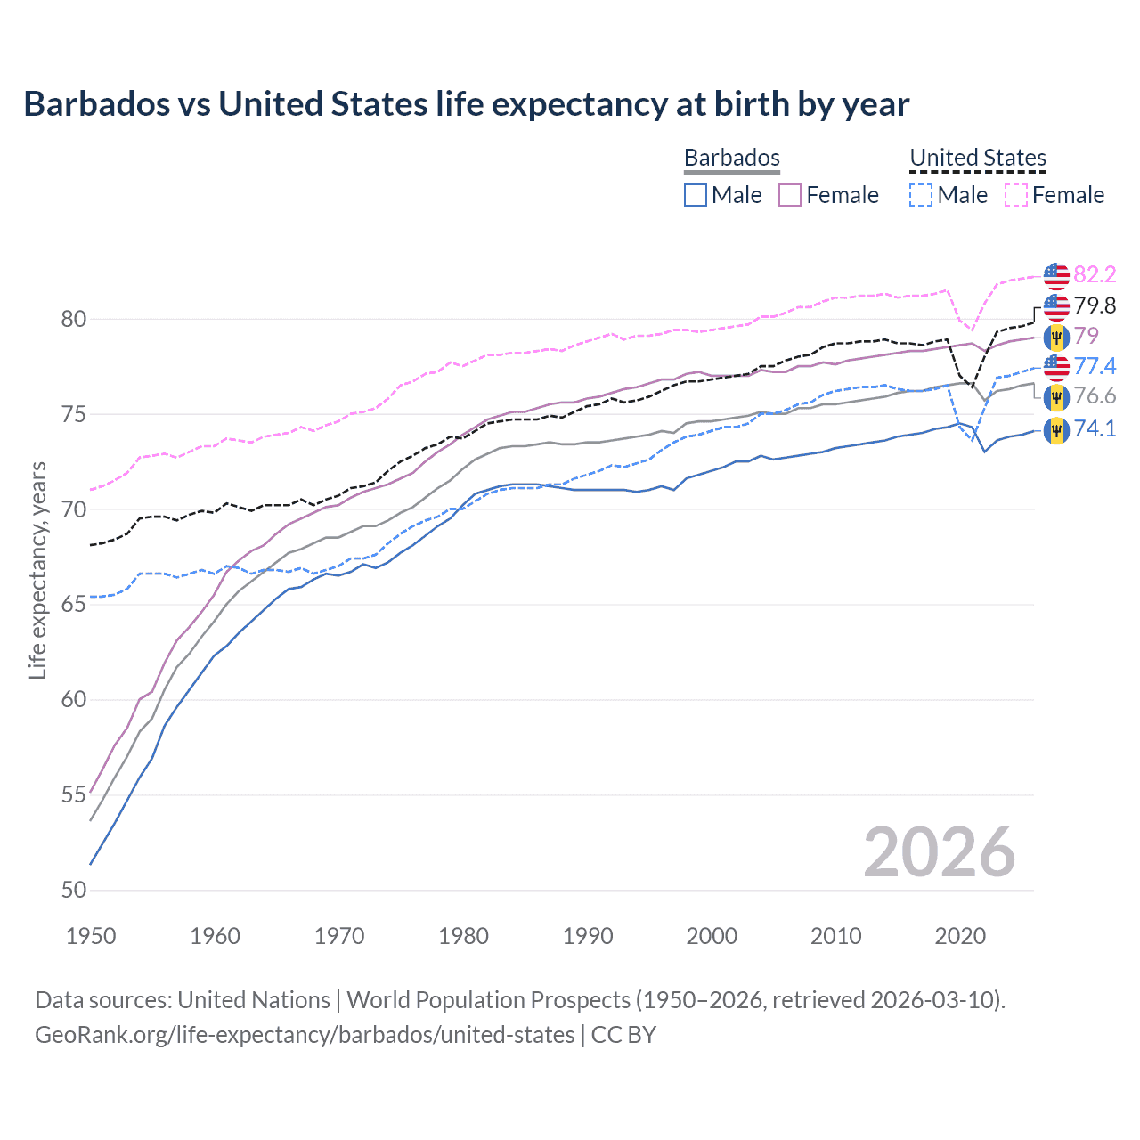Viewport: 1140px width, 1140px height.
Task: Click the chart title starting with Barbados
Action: point(466,104)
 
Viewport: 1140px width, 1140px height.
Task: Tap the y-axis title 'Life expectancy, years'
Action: point(37,570)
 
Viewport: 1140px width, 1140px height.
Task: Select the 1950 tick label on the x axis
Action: point(91,936)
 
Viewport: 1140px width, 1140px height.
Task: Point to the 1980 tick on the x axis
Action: point(463,936)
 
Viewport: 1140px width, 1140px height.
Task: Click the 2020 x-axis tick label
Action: point(960,936)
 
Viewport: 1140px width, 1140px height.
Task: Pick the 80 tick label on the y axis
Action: point(73,319)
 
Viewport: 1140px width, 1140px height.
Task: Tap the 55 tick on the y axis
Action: point(73,794)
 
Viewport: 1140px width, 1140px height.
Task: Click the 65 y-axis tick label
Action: point(73,604)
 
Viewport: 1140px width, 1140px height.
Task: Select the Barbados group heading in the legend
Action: point(731,158)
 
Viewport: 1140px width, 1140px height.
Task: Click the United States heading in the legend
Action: point(977,158)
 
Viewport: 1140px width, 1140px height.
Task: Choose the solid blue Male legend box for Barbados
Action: point(696,195)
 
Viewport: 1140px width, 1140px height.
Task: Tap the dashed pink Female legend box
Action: point(1016,195)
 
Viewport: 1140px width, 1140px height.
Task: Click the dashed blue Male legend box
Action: point(921,195)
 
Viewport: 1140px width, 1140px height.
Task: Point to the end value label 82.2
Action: point(1095,274)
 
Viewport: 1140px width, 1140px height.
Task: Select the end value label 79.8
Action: point(1095,305)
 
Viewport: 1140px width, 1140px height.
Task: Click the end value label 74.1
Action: point(1095,428)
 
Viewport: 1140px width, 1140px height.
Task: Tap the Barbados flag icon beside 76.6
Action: point(1056,396)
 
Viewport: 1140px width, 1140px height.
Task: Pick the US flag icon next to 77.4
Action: point(1056,366)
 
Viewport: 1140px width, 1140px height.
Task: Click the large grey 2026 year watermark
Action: point(939,852)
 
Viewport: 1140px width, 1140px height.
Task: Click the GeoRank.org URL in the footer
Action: point(305,1035)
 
